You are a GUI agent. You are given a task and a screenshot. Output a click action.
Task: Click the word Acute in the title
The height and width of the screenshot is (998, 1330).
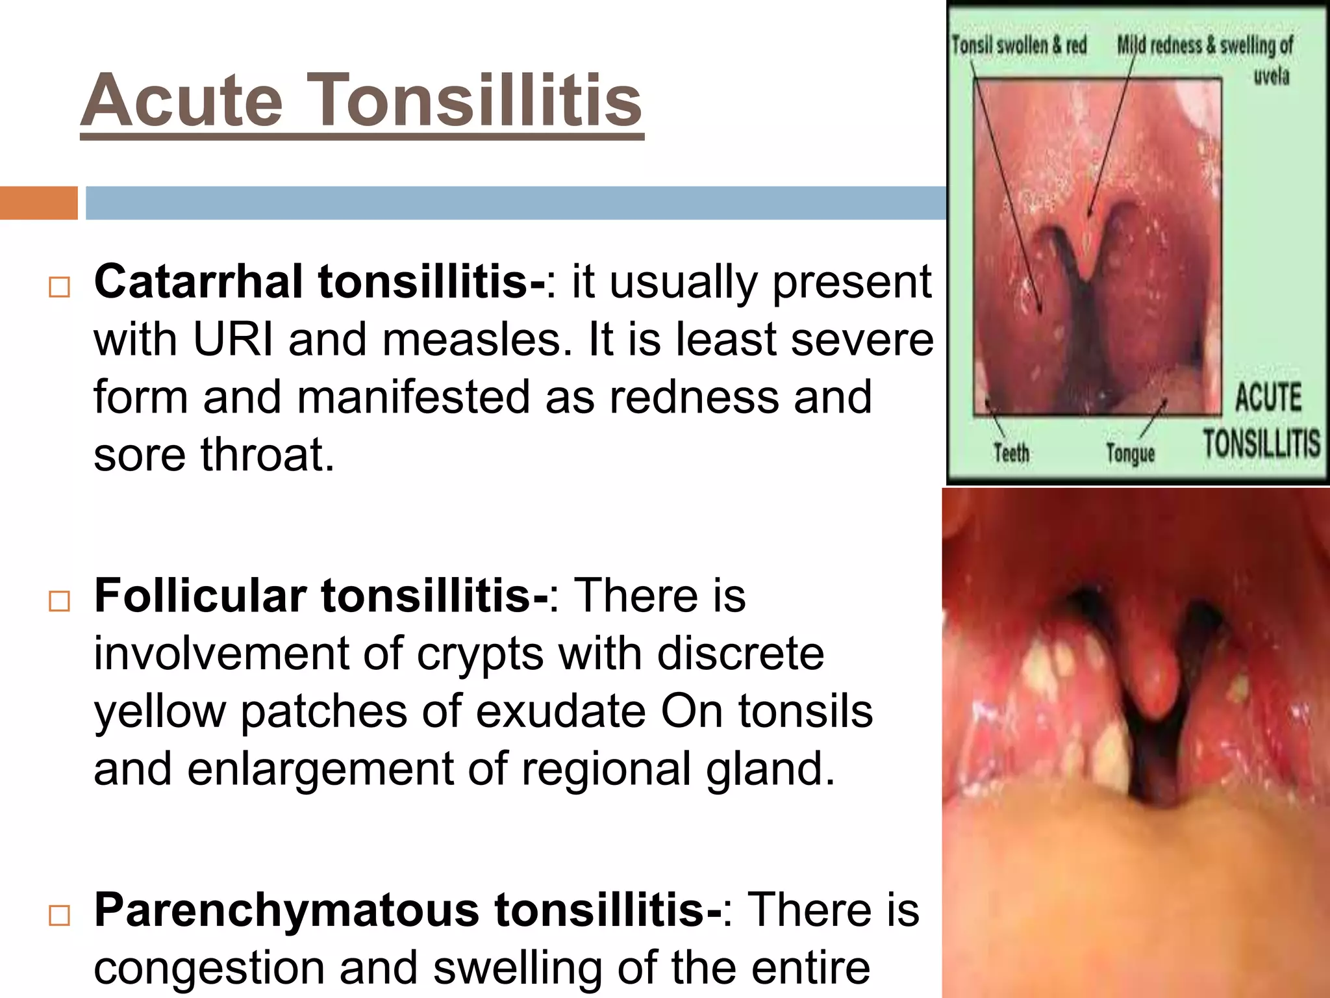coord(182,101)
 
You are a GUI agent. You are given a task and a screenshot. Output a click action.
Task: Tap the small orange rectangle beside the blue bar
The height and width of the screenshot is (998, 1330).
coord(38,203)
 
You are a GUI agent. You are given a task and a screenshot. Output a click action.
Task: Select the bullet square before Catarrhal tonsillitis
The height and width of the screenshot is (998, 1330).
coord(59,287)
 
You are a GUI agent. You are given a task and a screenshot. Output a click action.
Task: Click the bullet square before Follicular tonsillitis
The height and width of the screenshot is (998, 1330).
coord(59,601)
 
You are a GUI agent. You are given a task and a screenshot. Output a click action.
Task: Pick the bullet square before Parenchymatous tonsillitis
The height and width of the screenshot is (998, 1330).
coord(59,915)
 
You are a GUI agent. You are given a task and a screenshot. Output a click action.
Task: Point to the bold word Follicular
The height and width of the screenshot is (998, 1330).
coord(200,596)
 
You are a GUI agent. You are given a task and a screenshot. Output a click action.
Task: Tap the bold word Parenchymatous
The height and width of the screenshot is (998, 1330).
coord(286,910)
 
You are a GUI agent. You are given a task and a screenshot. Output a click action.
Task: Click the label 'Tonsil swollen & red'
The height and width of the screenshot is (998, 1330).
coord(1019,45)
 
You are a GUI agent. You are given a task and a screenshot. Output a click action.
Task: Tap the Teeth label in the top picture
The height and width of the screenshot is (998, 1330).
coord(1011,452)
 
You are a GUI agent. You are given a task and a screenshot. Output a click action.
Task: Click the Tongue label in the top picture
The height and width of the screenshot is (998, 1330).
coord(1130,453)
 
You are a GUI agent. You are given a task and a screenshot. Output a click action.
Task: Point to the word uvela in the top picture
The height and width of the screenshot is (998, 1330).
coord(1271,77)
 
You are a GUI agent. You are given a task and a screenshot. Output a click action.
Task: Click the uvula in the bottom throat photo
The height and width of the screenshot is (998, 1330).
coord(1153,682)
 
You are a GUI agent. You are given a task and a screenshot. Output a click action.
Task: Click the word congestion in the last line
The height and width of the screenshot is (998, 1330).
coord(208,968)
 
